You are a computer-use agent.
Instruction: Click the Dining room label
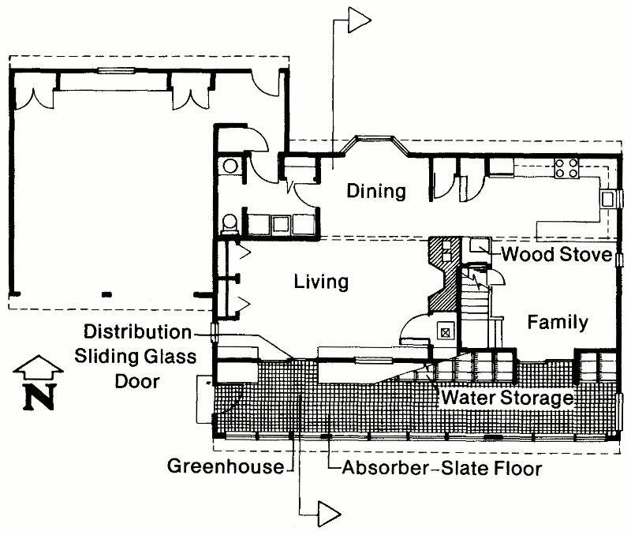376,191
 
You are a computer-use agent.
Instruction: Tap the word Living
321,282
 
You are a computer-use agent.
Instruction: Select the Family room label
558,323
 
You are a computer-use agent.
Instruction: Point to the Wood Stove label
557,255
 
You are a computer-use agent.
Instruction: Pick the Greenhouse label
226,467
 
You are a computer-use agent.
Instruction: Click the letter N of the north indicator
37,398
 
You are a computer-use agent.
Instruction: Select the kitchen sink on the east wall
609,199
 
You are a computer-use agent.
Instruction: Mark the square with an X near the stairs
446,331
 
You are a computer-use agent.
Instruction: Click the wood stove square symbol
478,245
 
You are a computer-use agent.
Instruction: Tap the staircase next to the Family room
476,309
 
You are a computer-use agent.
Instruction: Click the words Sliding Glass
136,357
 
